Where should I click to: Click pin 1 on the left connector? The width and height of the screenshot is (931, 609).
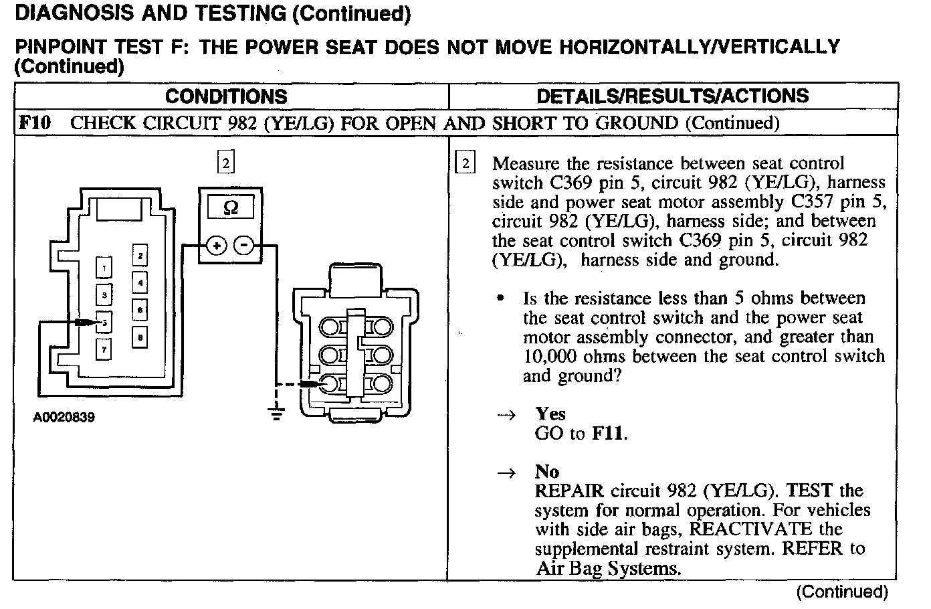104,268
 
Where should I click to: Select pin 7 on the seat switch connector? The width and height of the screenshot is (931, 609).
104,349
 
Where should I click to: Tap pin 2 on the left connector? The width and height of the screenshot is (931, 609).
140,256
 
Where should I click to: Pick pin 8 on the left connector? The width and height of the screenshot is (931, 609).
140,337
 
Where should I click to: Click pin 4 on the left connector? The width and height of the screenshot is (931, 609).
140,282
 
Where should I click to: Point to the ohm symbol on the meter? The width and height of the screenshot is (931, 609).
230,207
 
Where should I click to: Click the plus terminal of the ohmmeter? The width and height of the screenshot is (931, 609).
216,246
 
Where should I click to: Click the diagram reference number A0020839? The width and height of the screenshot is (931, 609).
64,418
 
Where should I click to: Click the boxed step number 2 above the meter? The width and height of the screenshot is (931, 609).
226,162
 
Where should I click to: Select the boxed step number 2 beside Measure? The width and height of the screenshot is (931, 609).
465,163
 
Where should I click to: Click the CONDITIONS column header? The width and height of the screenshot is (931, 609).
226,96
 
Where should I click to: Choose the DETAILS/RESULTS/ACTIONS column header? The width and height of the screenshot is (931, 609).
672,96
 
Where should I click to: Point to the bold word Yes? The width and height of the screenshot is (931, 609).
550,414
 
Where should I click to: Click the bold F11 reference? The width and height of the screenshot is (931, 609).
609,434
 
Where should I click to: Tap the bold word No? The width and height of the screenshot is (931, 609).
546,472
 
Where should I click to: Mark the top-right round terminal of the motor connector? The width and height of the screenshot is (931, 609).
381,327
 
